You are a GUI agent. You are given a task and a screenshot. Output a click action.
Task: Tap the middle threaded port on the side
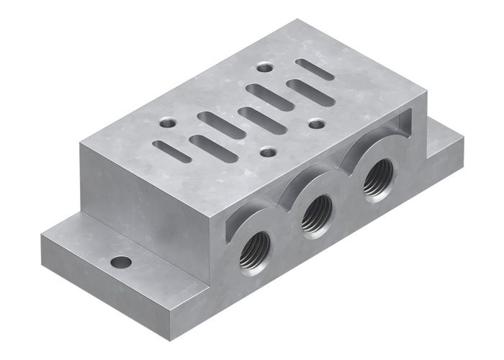[316, 214]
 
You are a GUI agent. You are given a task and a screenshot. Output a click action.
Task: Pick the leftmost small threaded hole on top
[168, 122]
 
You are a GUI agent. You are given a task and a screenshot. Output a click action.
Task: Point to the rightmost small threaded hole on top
[317, 124]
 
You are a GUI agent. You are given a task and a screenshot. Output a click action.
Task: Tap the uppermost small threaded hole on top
[265, 67]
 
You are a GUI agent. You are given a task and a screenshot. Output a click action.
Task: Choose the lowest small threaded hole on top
[269, 152]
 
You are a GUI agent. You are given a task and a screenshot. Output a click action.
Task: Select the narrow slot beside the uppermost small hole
[314, 69]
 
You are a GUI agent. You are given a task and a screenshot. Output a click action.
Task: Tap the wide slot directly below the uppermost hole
[269, 96]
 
